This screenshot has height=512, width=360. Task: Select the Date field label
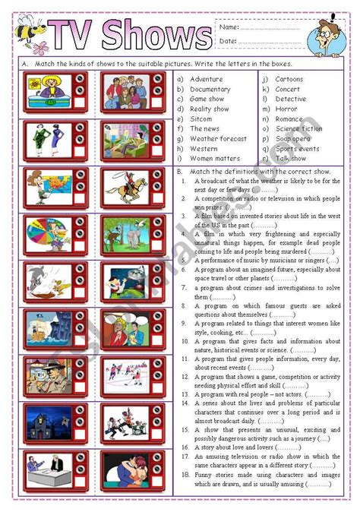click(x=226, y=41)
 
